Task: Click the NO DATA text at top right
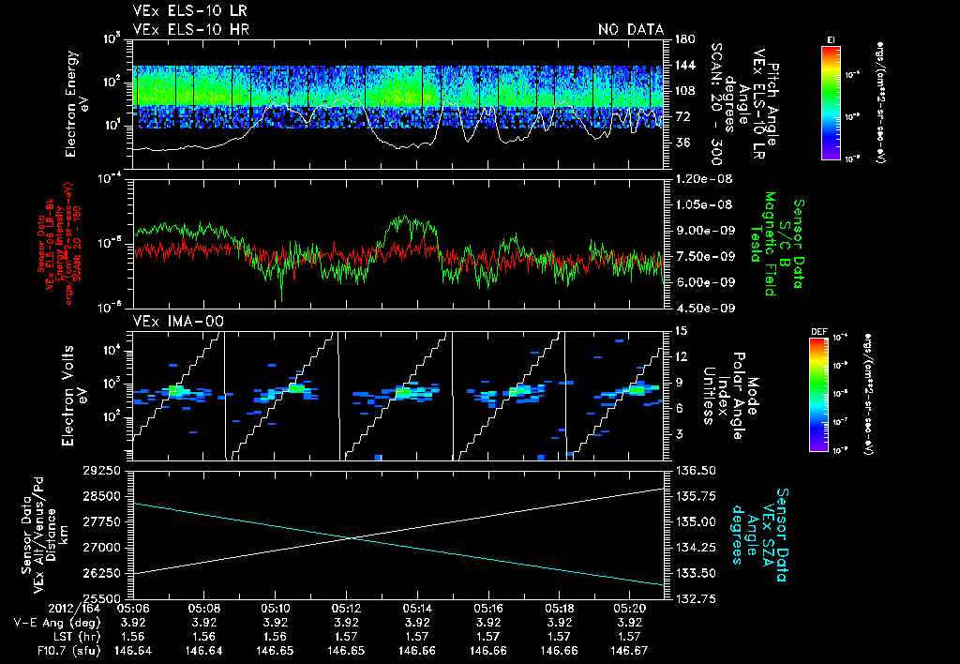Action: (631, 30)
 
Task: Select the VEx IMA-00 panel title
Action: (169, 321)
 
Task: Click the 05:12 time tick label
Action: (348, 608)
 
